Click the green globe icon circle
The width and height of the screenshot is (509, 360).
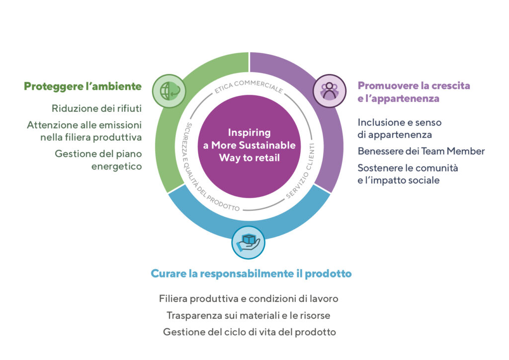169,91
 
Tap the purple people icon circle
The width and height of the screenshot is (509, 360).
329,91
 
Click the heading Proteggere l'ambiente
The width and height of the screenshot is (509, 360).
83,86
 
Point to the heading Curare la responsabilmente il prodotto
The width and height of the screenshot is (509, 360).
251,273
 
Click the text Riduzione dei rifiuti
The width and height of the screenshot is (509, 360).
96,108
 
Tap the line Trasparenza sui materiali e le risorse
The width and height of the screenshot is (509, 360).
249,315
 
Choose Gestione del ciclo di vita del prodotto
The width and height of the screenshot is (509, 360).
250,332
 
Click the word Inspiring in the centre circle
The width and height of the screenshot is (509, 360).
249,133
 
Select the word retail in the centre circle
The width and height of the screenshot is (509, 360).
267,158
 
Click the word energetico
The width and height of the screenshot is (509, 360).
116,167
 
